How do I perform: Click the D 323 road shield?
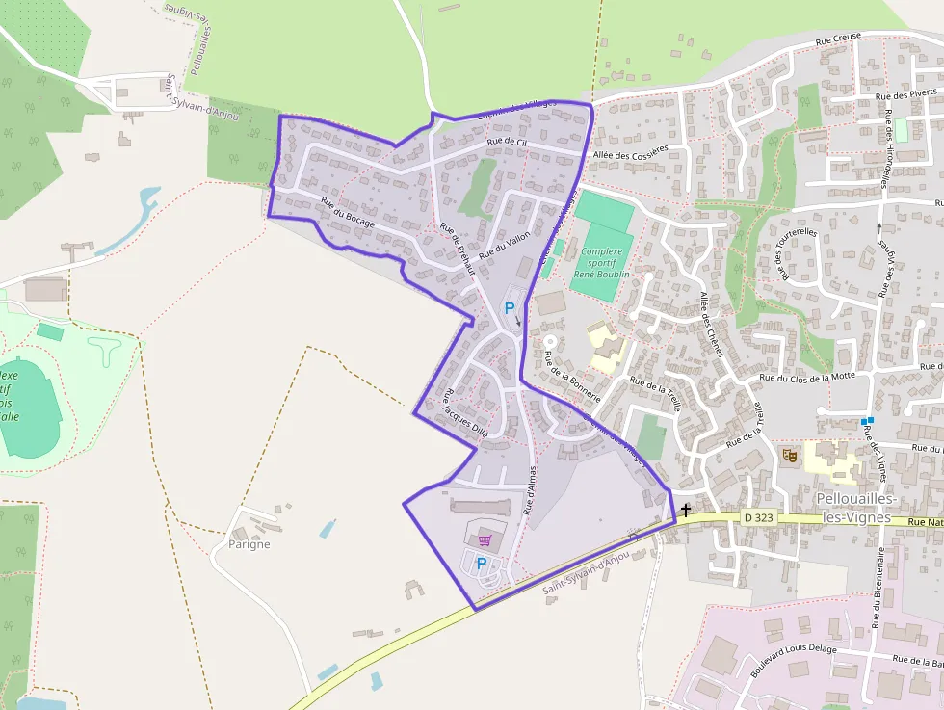(759, 517)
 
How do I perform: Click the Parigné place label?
(249, 544)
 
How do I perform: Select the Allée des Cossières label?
(631, 154)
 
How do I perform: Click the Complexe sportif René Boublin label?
(602, 262)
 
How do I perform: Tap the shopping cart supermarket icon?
(485, 540)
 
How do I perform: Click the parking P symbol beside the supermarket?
(482, 564)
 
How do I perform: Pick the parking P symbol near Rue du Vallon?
(510, 308)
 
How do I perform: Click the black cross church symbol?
(686, 510)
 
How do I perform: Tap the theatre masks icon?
(790, 455)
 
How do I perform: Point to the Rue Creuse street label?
(836, 40)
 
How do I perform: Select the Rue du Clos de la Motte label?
(807, 378)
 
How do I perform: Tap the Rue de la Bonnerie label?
(572, 376)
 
